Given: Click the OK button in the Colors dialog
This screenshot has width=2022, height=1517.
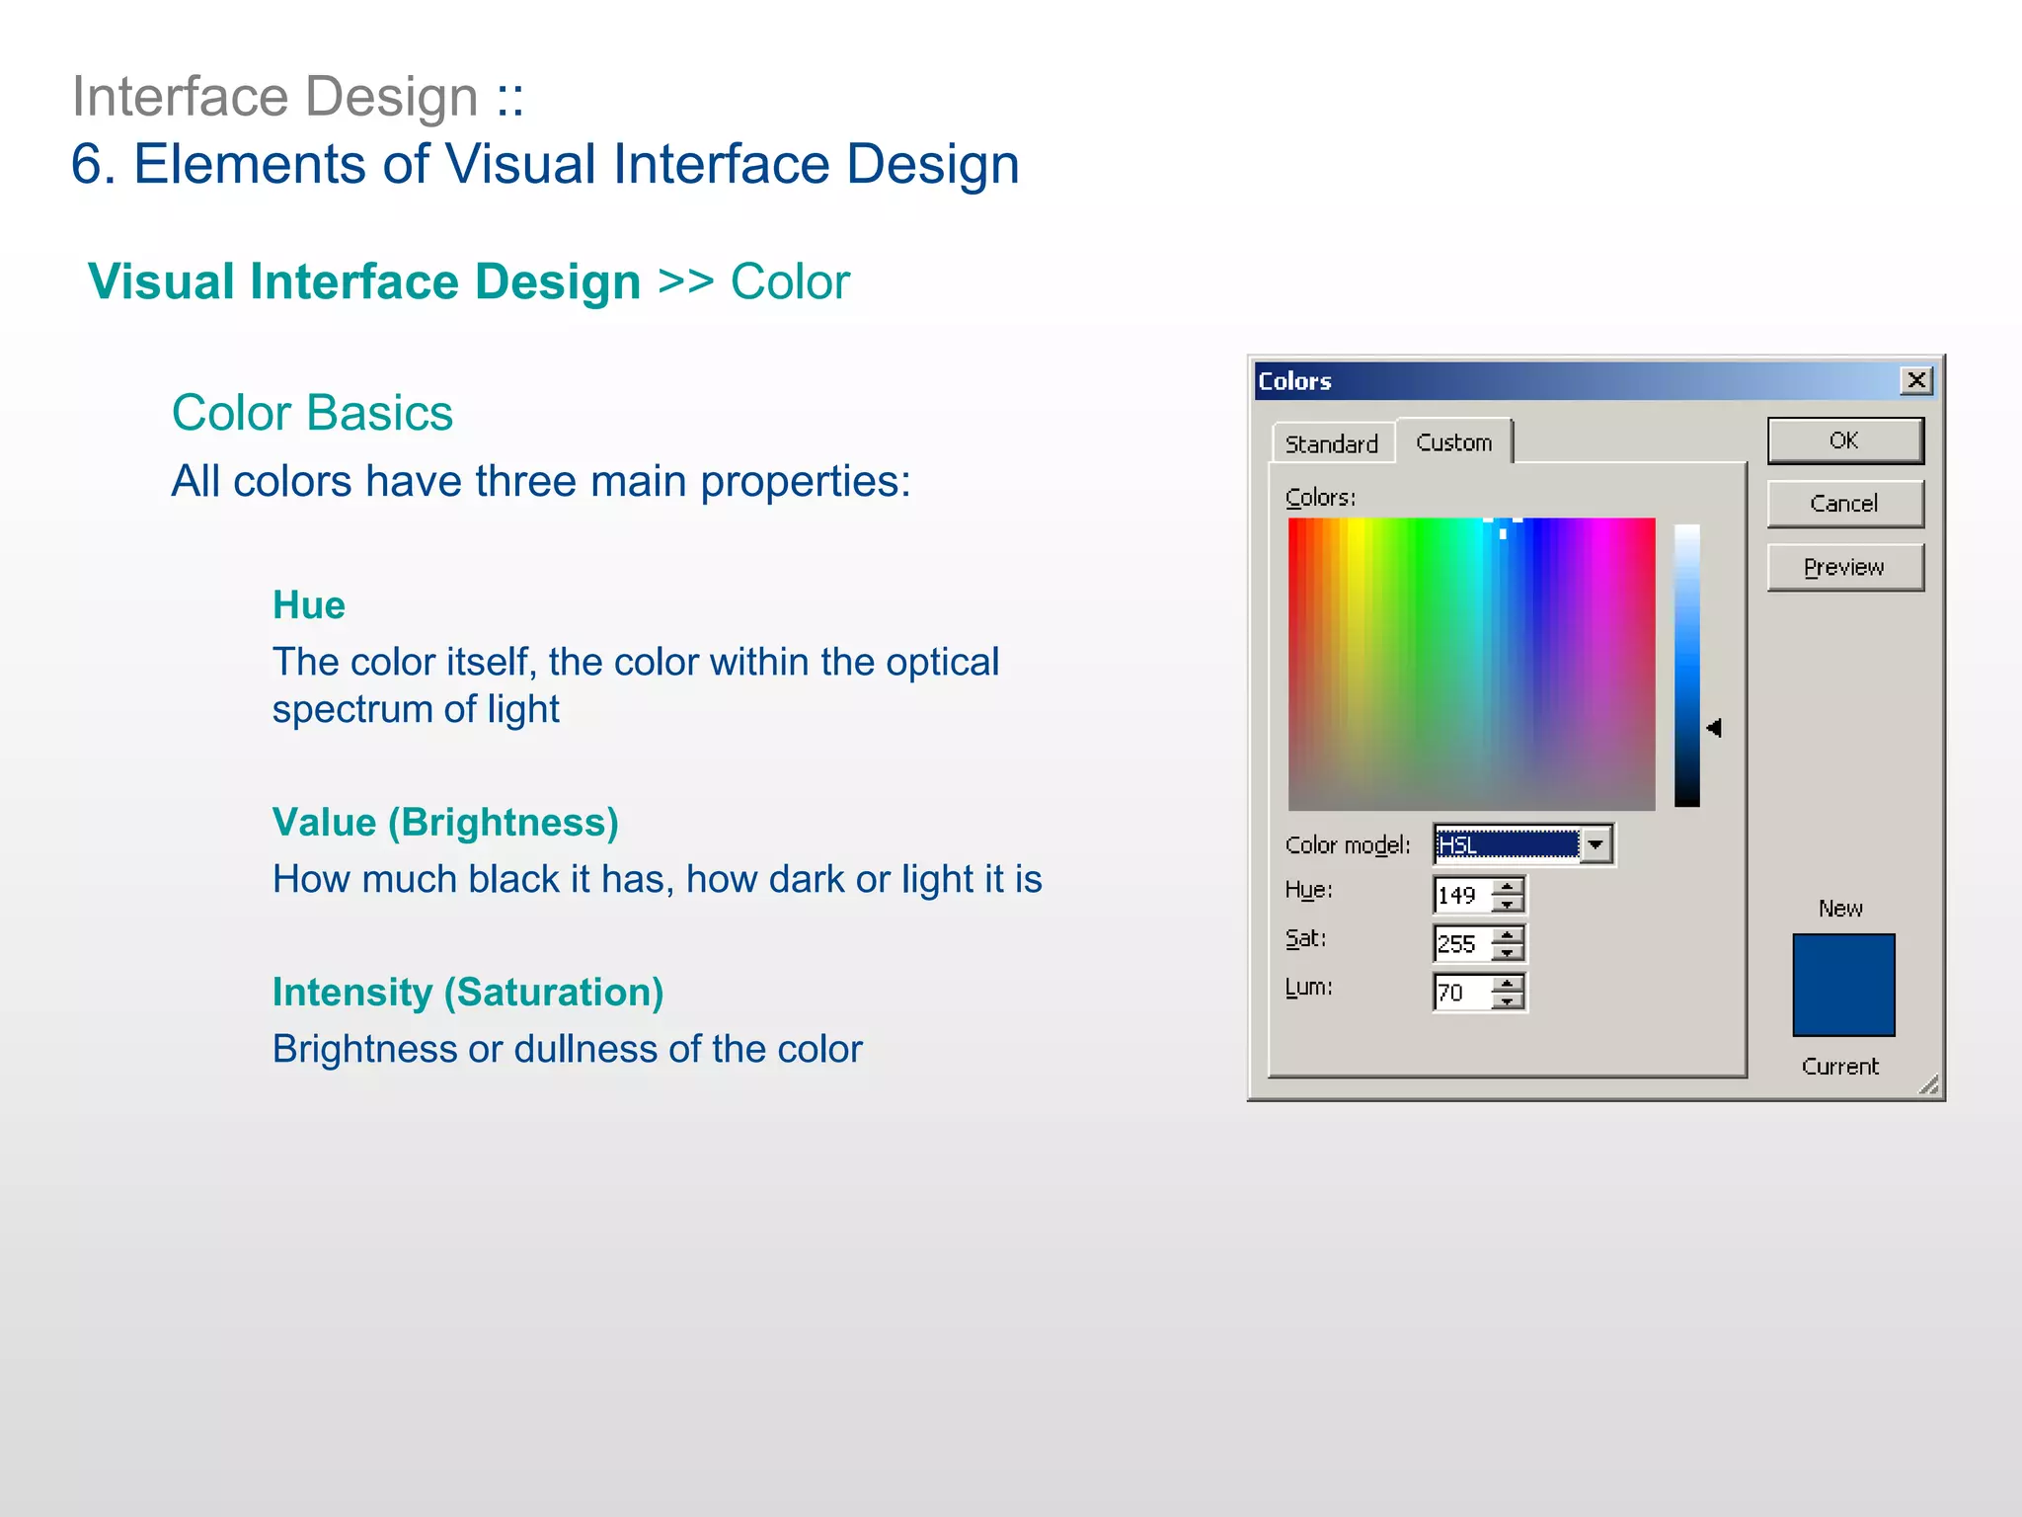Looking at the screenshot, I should (x=1844, y=440).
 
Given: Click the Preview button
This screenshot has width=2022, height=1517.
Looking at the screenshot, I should (x=1844, y=567).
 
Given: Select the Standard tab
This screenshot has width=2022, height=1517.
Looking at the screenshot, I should (x=1331, y=444).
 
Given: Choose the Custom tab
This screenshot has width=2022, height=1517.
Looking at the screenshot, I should (x=1453, y=442).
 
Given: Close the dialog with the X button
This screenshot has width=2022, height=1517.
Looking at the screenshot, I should (x=1915, y=380).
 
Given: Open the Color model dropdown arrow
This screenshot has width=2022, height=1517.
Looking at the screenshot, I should (x=1595, y=845).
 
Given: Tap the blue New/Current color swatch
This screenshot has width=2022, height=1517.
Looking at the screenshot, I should (x=1843, y=985).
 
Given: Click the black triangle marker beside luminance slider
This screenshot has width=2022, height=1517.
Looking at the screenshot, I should (x=1714, y=728).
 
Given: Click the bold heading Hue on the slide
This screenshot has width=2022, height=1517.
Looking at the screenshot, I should (x=308, y=604).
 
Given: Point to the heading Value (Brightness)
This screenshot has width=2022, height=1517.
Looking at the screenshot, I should (x=445, y=822).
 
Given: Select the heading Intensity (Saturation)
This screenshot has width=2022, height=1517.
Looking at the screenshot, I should (x=468, y=992).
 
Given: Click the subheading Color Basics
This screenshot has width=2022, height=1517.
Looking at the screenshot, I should (x=312, y=413).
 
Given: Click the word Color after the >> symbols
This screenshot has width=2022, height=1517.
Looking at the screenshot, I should (x=790, y=282).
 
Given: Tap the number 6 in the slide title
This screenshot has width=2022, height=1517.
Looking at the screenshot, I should (x=87, y=164).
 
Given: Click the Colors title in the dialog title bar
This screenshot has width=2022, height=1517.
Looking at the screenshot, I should (x=1294, y=381).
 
